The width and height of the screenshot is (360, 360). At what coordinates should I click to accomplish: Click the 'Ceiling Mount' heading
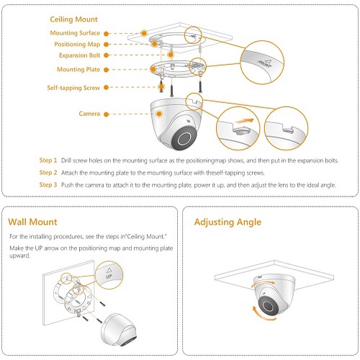point(73,19)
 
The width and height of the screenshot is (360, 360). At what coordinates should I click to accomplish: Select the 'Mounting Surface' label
point(75,33)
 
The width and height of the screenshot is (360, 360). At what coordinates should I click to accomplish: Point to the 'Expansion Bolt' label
point(79,55)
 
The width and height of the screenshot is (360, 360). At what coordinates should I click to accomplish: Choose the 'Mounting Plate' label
point(78,70)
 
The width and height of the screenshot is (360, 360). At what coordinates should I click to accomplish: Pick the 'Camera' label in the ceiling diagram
point(89,114)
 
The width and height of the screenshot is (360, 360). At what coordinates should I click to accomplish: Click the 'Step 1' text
point(48,161)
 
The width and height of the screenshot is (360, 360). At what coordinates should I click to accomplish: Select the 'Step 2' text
point(48,173)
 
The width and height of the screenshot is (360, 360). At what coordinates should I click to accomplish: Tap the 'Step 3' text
point(48,185)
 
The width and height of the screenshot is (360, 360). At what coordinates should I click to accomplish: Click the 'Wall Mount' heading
point(32,222)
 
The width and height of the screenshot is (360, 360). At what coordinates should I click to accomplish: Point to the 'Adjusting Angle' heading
point(228,222)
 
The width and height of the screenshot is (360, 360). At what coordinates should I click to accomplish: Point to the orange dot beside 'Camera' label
point(107,114)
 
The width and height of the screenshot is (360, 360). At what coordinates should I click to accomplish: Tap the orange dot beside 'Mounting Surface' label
point(107,33)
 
